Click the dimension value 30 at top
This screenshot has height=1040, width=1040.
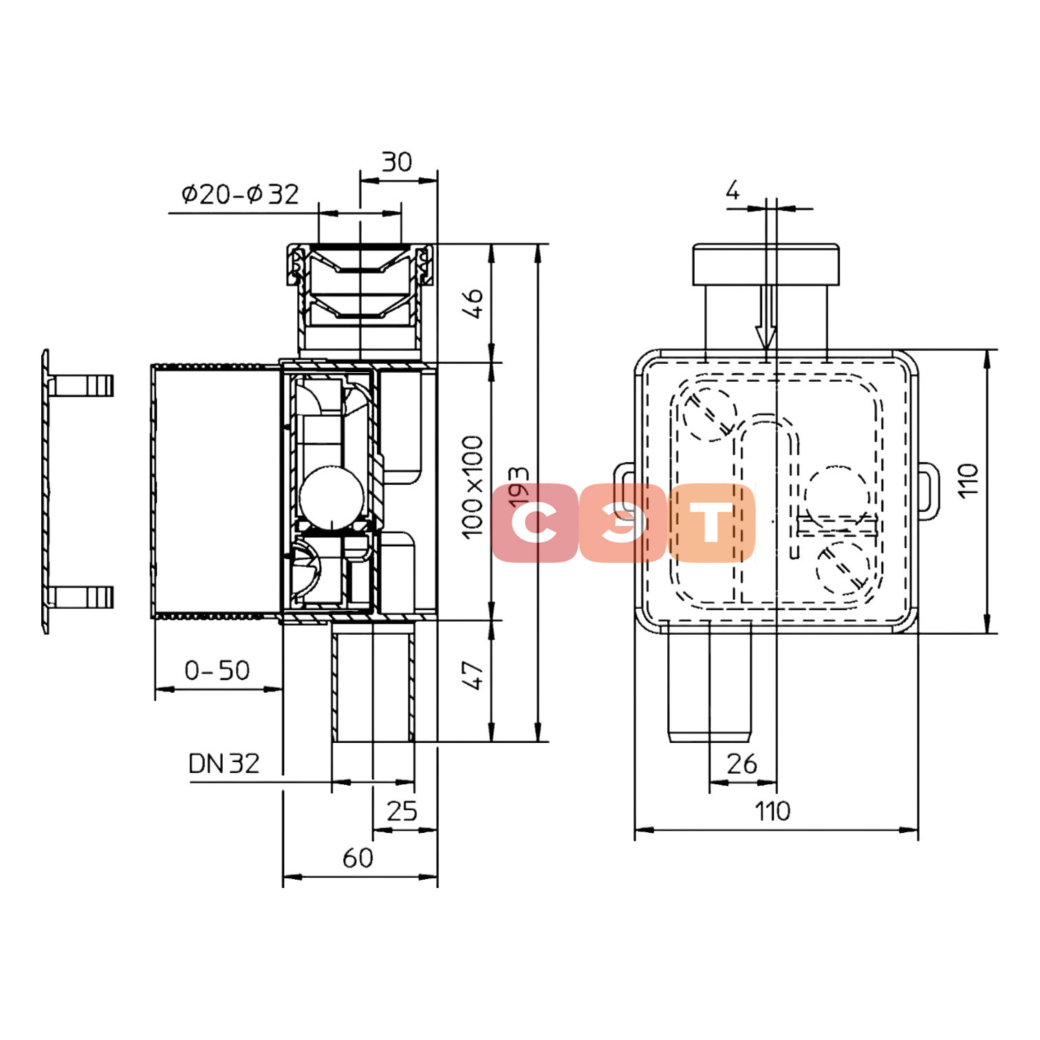[397, 162]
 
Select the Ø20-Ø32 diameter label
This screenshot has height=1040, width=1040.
[240, 195]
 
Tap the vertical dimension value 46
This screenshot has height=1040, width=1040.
[473, 303]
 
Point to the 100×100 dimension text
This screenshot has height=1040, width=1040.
[473, 487]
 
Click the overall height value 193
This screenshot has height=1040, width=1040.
[519, 488]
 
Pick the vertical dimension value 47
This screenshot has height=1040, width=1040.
[473, 675]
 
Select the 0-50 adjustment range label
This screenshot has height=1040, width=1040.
[217, 671]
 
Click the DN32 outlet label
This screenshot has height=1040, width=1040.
[224, 763]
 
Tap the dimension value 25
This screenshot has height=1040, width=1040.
[402, 812]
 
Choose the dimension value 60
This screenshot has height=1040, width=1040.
[358, 858]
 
